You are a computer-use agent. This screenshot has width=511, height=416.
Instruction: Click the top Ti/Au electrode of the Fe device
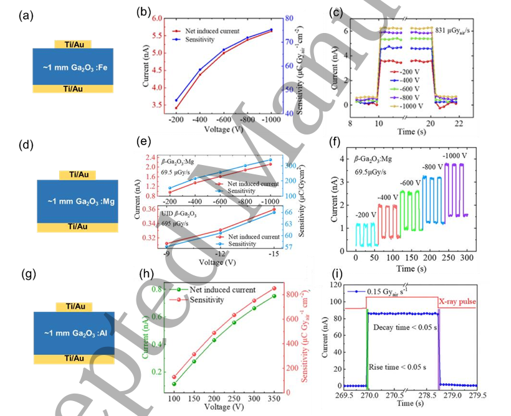tap(69, 45)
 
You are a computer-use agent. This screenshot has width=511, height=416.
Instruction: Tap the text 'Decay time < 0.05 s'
tap(404, 326)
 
